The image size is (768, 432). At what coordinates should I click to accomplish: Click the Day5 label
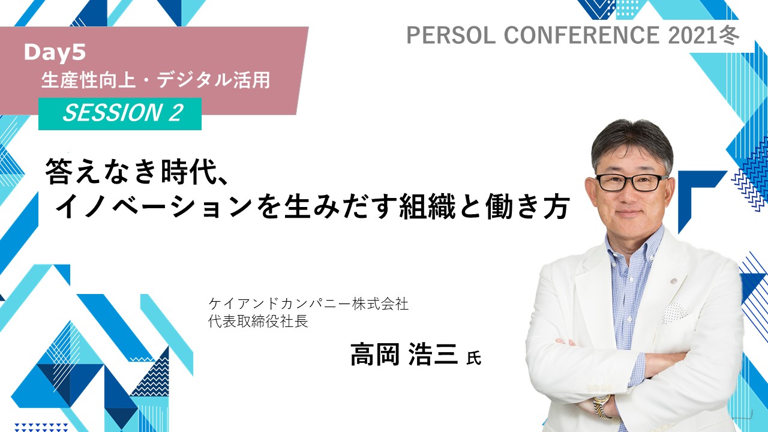(55, 53)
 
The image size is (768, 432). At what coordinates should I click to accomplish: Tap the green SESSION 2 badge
(119, 114)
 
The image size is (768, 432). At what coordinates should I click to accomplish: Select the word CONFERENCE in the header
(581, 35)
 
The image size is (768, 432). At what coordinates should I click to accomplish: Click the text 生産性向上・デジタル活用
(155, 80)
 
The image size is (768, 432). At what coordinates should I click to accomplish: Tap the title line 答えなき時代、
(137, 171)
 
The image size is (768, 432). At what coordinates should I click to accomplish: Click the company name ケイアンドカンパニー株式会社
(308, 304)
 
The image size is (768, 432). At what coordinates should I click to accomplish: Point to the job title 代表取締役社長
(258, 321)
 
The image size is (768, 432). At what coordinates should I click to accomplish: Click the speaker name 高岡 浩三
(404, 355)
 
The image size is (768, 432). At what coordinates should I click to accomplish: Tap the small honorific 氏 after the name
(474, 358)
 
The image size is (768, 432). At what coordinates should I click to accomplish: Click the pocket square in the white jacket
(674, 313)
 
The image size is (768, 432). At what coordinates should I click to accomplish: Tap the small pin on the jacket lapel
(673, 281)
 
